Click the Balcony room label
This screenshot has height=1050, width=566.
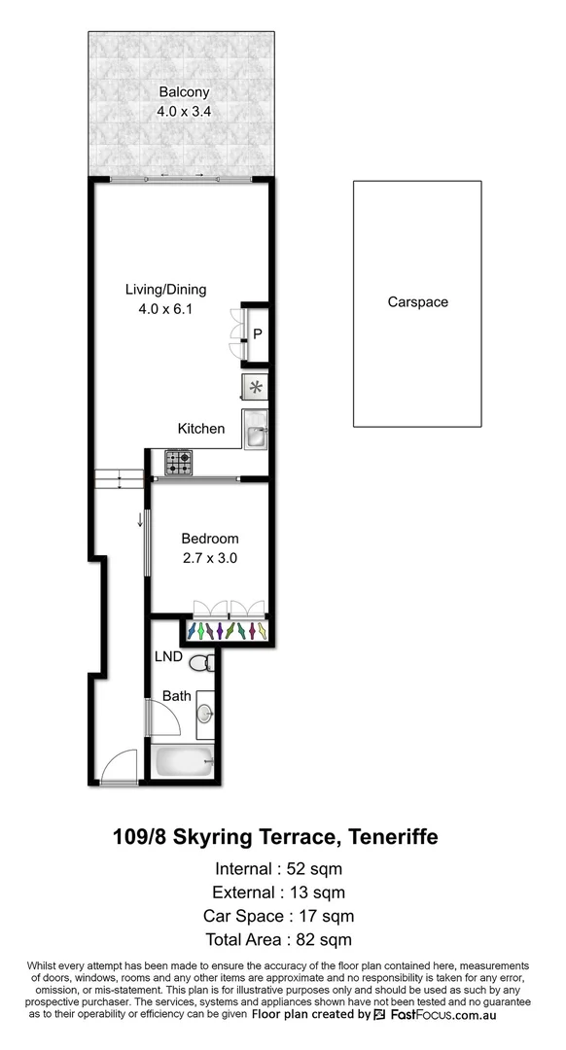point(184,92)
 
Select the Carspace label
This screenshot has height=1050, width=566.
point(417,302)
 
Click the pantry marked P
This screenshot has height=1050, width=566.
point(257,334)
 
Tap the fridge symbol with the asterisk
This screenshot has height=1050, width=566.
point(255,388)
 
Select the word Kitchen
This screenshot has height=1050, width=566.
point(201,429)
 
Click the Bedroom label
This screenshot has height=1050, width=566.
point(210,539)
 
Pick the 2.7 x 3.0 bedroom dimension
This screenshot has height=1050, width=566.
point(210,558)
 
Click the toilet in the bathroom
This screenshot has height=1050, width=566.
point(201,665)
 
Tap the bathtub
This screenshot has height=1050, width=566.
point(183,761)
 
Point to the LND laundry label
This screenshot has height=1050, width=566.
point(169,657)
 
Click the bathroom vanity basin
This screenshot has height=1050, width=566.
point(205,714)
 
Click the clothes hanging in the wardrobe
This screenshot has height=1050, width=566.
point(230,632)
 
